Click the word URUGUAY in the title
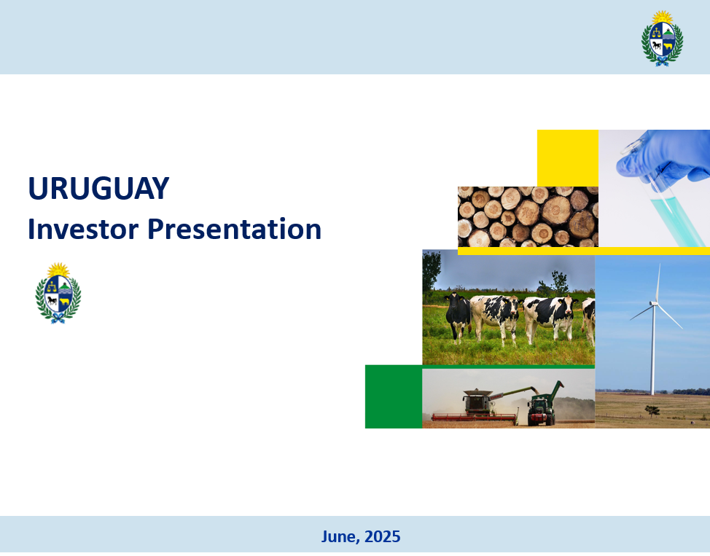click(x=98, y=188)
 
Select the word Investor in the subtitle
click(x=83, y=229)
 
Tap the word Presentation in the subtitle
click(x=235, y=229)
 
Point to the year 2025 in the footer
click(x=382, y=536)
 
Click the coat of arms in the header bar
click(x=662, y=39)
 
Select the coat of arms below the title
click(x=58, y=293)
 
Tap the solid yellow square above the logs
click(x=568, y=158)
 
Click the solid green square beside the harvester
click(x=394, y=396)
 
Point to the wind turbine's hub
click(x=654, y=303)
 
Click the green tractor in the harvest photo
click(x=542, y=410)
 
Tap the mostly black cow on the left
click(x=458, y=318)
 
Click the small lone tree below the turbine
click(x=652, y=411)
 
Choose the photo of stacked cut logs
click(x=528, y=217)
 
